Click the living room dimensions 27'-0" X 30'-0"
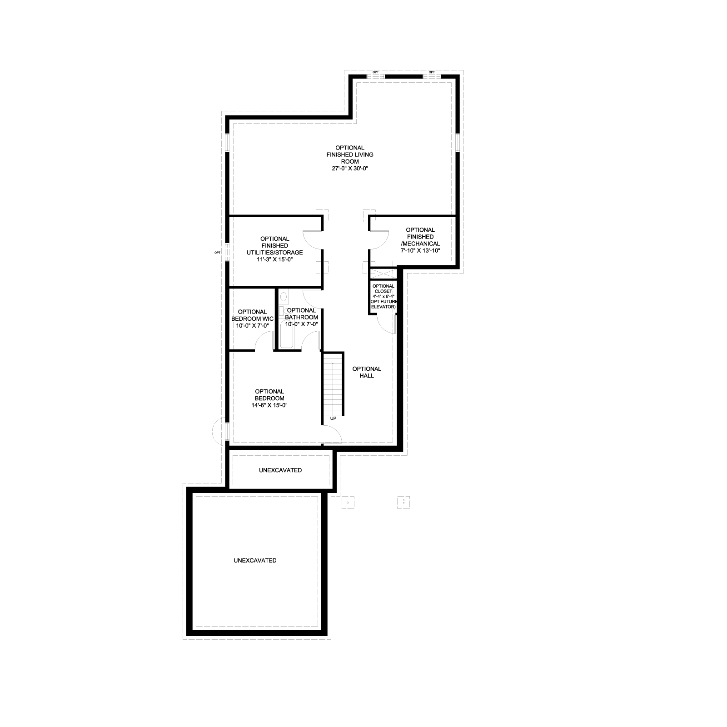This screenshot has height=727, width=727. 349,169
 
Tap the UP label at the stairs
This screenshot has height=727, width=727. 333,418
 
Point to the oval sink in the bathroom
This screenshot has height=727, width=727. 284,297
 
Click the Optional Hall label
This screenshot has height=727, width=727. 367,372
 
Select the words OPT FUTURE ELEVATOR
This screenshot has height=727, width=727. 383,304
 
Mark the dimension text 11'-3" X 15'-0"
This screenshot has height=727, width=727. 274,259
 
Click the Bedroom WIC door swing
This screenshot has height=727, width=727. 264,342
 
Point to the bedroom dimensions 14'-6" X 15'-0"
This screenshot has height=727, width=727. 269,405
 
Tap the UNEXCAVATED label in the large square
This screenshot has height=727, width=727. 255,560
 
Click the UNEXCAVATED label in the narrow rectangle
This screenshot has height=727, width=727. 280,470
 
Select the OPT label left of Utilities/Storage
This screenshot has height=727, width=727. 218,253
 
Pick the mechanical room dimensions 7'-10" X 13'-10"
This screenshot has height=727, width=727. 420,250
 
